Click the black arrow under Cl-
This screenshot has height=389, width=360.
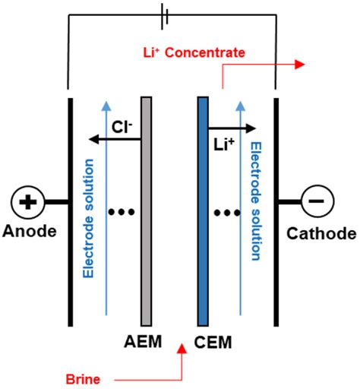(x=114, y=139)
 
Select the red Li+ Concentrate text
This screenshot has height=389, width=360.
(x=194, y=52)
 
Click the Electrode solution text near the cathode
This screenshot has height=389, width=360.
(x=255, y=202)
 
